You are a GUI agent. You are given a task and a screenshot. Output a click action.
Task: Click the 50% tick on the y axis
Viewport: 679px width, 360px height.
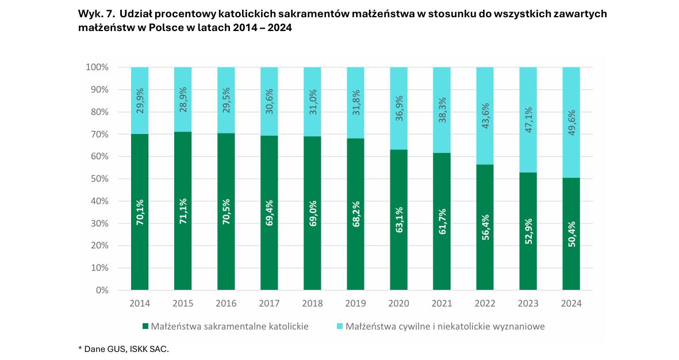97,179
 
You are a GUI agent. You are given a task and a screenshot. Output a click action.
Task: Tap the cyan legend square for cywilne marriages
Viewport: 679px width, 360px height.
340,327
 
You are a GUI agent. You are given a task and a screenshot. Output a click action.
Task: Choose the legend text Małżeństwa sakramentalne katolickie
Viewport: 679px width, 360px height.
229,327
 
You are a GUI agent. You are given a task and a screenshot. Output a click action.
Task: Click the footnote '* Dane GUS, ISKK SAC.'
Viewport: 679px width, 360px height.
124,349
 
